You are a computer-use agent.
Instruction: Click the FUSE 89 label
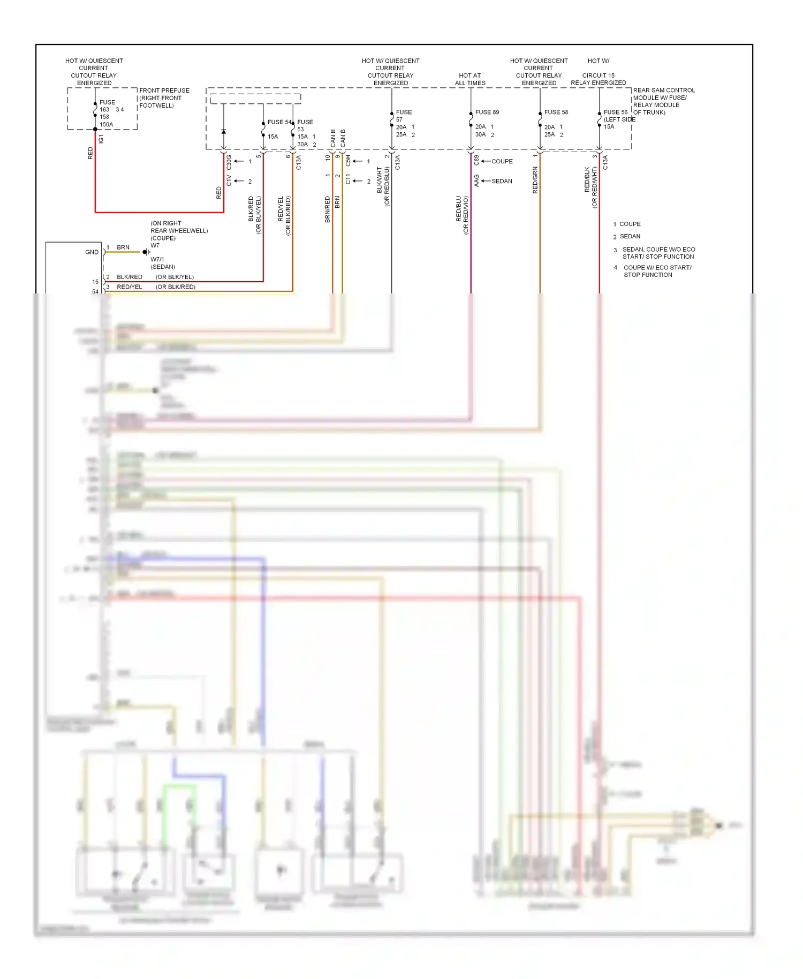(487, 112)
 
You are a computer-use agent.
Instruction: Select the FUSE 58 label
(556, 112)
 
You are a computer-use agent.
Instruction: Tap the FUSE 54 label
(279, 122)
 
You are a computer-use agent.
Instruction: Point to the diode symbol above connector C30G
(224, 131)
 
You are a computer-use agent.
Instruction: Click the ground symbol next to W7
(146, 252)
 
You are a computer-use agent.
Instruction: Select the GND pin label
(92, 252)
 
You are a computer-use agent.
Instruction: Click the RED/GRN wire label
(535, 180)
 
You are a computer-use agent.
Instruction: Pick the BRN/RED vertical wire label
(327, 209)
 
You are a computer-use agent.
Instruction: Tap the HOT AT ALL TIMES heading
(470, 79)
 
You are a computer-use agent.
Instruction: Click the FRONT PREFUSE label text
(164, 91)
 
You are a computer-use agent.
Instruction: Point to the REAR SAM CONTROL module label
(663, 91)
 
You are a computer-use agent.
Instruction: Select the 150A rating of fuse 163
(106, 125)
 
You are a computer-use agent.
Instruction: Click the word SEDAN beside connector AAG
(502, 181)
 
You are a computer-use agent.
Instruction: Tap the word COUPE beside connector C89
(502, 161)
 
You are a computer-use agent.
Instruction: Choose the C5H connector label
(347, 161)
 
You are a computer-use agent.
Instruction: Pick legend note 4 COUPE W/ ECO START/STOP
(657, 271)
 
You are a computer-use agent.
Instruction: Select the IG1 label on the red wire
(101, 139)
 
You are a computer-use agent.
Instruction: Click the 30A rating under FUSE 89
(480, 134)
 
